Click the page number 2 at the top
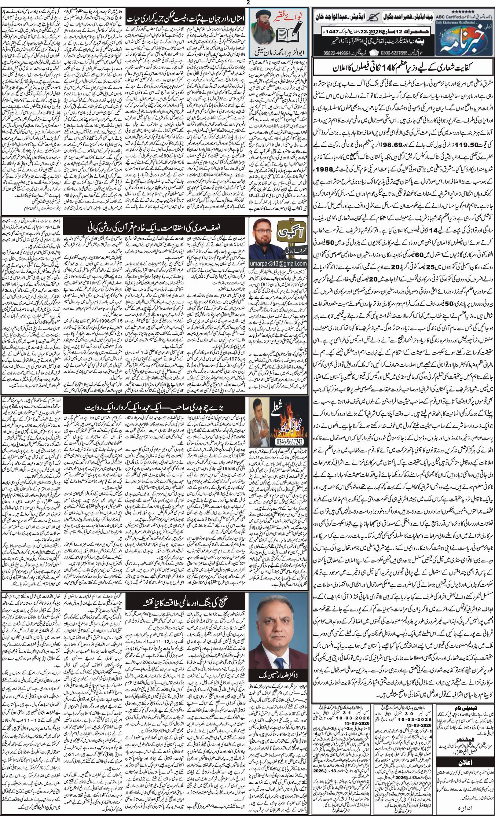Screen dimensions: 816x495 click(248, 3)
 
